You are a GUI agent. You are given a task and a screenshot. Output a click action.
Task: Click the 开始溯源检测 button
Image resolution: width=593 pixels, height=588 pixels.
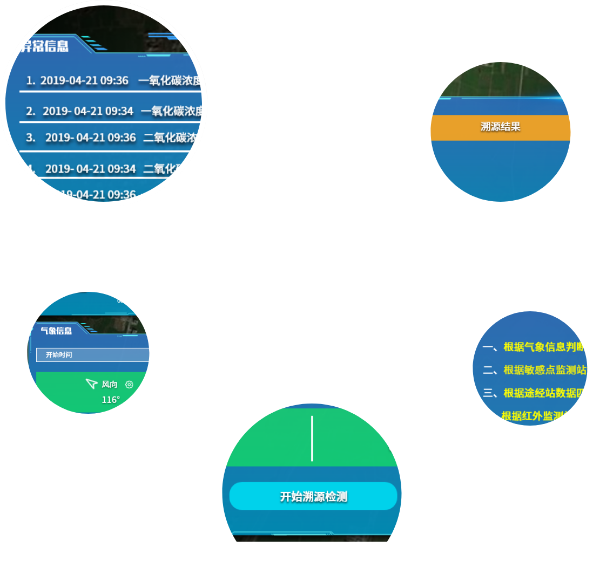[313, 496]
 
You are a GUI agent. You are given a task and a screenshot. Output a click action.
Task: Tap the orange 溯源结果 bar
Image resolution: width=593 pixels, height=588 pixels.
[500, 127]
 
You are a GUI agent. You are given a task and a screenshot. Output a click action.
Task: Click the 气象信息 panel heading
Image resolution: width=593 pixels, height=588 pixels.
[56, 331]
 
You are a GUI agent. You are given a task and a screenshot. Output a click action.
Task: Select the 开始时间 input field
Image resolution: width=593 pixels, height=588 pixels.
[92, 355]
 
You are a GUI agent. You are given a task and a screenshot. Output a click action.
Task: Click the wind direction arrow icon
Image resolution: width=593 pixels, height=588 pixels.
[91, 384]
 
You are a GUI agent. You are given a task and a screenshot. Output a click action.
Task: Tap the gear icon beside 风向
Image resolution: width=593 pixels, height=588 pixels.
[129, 385]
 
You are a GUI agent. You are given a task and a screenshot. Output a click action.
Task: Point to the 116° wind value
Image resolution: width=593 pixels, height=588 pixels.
[111, 400]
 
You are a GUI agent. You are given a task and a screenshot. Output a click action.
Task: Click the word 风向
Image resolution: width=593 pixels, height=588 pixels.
[110, 385]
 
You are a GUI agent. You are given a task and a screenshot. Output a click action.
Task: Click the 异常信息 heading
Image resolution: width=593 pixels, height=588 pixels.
[44, 46]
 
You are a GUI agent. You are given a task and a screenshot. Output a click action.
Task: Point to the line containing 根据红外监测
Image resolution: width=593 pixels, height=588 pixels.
[535, 416]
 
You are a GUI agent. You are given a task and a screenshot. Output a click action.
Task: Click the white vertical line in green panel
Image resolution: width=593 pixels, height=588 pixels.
[312, 438]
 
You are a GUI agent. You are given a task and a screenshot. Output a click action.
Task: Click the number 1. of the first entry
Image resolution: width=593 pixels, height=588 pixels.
[31, 81]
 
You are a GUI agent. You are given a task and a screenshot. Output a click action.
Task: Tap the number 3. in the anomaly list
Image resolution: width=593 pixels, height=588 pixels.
[31, 138]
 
